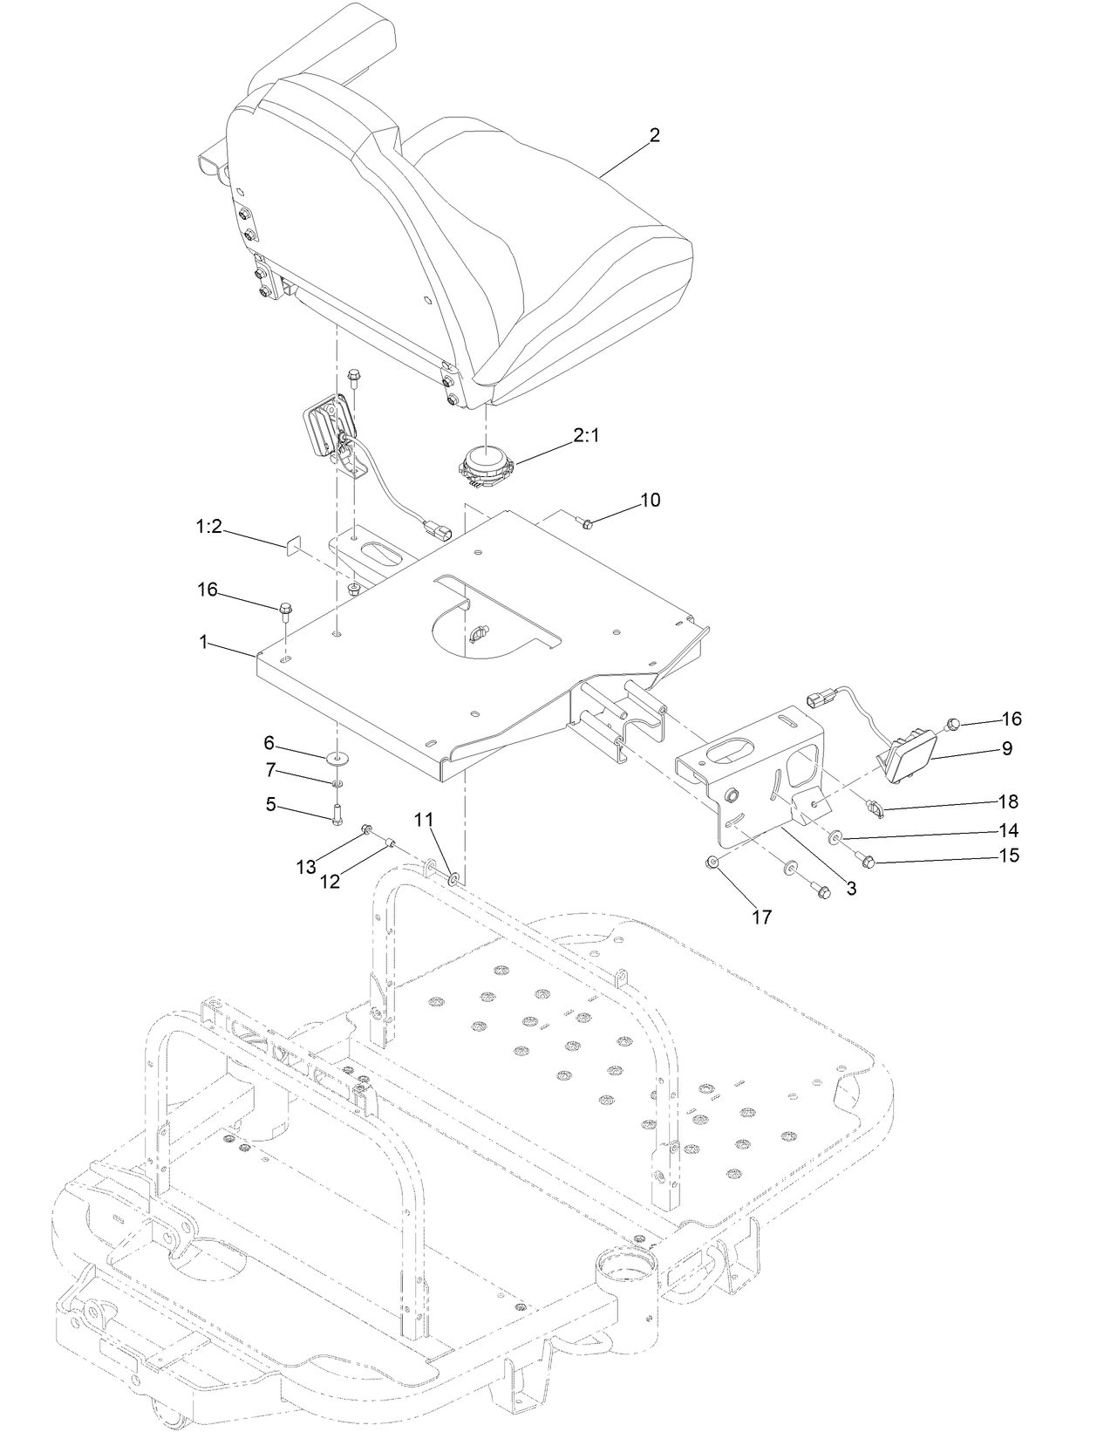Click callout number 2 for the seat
point(655,135)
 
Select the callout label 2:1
point(586,437)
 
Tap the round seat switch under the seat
point(486,464)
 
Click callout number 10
point(651,500)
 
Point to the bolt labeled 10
point(587,522)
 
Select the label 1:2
point(208,528)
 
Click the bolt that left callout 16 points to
point(285,609)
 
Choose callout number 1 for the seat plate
point(203,641)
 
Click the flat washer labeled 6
point(337,757)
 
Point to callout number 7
point(270,770)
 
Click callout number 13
point(305,866)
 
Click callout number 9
point(1006,747)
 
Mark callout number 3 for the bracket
point(851,889)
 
